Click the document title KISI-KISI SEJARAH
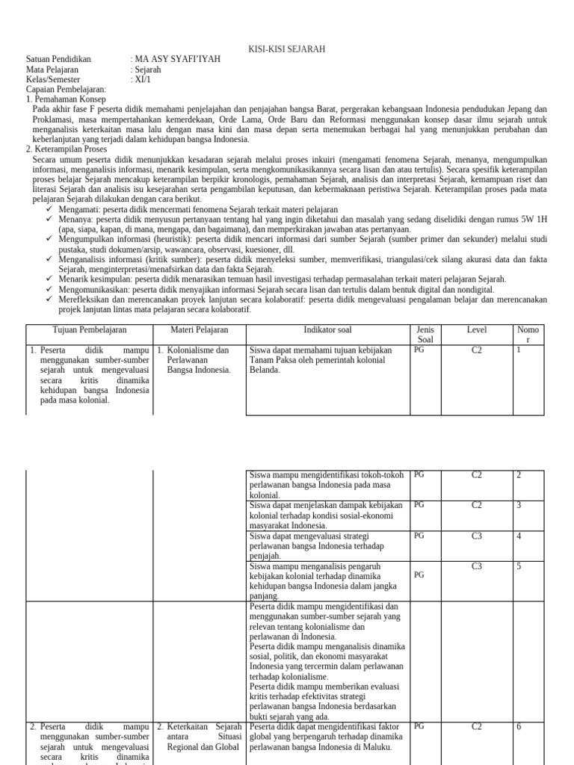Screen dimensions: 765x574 pos(286,49)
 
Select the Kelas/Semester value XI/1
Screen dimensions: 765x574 pos(143,79)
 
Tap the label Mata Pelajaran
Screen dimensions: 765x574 pos(52,69)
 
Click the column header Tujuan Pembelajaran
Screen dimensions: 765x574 pos(90,329)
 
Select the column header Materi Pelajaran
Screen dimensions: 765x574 pos(199,329)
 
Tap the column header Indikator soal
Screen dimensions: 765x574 pos(327,329)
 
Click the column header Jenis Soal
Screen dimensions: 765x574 pos(425,335)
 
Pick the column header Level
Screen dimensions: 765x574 pos(476,329)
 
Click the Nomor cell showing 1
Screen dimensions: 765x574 pos(519,349)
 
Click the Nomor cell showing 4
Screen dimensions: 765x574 pos(519,536)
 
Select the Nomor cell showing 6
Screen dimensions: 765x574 pos(519,726)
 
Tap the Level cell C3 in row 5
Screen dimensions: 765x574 pos(477,566)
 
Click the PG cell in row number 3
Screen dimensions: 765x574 pos(419,505)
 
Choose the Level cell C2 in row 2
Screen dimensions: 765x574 pos(477,474)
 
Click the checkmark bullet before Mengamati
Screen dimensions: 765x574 pos(49,210)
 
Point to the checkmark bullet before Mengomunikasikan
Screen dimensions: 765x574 pos(49,289)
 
